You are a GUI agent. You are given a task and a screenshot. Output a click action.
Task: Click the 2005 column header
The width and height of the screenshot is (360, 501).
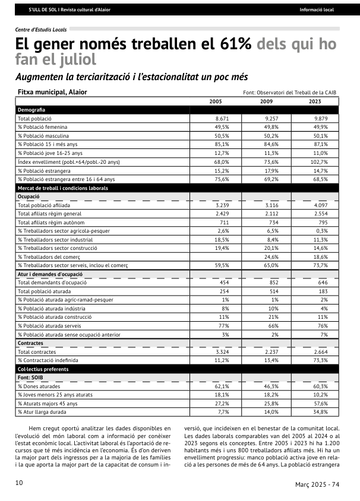[x=216, y=102]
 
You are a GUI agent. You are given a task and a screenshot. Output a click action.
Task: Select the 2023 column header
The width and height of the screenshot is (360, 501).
[x=315, y=102]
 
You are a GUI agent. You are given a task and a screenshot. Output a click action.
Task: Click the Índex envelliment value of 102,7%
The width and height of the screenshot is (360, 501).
[x=319, y=161]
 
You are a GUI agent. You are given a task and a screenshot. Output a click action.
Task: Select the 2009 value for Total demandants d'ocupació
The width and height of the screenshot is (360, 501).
[x=272, y=282]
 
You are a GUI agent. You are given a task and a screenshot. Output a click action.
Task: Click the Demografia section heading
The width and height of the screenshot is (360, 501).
[x=31, y=110]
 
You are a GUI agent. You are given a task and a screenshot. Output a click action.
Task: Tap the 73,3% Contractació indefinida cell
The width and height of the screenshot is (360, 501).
[x=320, y=360]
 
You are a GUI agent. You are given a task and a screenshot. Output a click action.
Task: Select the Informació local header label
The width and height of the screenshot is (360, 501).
[x=316, y=10]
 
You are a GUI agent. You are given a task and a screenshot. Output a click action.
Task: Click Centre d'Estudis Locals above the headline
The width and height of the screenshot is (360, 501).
[x=40, y=28]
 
